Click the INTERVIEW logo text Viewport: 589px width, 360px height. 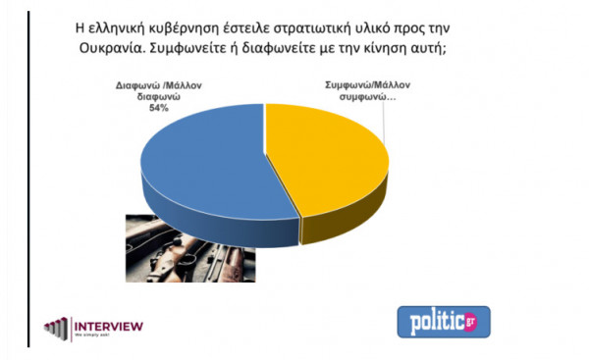point(110,325)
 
